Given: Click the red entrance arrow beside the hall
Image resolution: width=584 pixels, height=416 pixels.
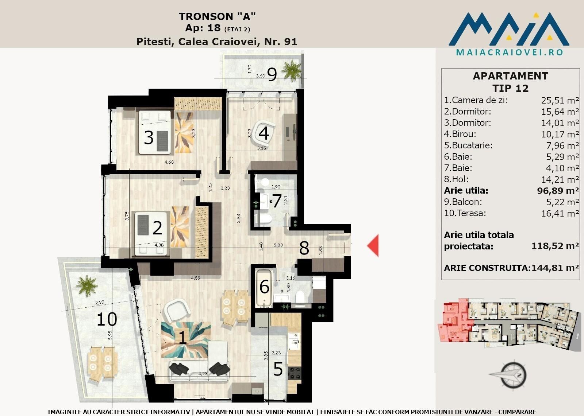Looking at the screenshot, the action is coord(373,245).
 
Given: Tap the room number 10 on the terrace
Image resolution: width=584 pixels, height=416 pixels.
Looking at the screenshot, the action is coord(107,319).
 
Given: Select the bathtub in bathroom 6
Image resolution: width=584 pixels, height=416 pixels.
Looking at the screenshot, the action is coord(264,288).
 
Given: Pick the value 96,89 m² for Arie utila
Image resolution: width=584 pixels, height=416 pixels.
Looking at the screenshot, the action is coord(558,191).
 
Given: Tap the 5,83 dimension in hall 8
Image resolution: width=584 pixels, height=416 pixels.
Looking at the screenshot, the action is coord(278,245).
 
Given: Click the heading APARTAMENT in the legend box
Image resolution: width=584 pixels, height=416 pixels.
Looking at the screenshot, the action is coord(511,76).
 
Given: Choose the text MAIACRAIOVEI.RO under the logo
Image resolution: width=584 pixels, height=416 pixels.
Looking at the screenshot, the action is coord(510,53).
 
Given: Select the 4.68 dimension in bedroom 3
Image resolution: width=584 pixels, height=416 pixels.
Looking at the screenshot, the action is coord(169,162).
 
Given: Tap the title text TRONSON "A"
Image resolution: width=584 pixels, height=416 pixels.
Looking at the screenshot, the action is coord(217,16).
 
